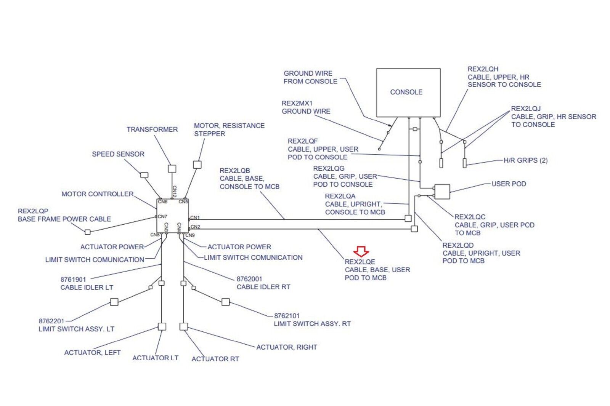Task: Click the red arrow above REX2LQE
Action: point(361,251)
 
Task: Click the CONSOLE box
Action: point(408,93)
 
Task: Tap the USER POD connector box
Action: point(442,191)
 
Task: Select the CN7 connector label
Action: point(163,216)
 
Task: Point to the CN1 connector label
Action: point(195,217)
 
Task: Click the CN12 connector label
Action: point(174,192)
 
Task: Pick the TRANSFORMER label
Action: point(152,129)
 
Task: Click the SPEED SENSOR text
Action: point(118,154)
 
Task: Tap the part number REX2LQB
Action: point(234,171)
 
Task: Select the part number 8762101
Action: point(287,316)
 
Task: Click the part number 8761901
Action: point(73,279)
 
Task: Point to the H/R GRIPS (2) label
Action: point(525,160)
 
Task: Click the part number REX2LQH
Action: point(483,69)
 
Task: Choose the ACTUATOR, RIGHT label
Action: point(286,347)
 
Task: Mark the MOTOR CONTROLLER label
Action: point(98,194)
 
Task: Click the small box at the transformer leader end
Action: point(172,168)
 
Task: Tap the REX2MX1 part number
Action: point(297,103)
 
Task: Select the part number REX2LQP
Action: point(33,211)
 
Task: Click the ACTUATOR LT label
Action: point(155,358)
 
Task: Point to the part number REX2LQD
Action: point(458,245)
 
